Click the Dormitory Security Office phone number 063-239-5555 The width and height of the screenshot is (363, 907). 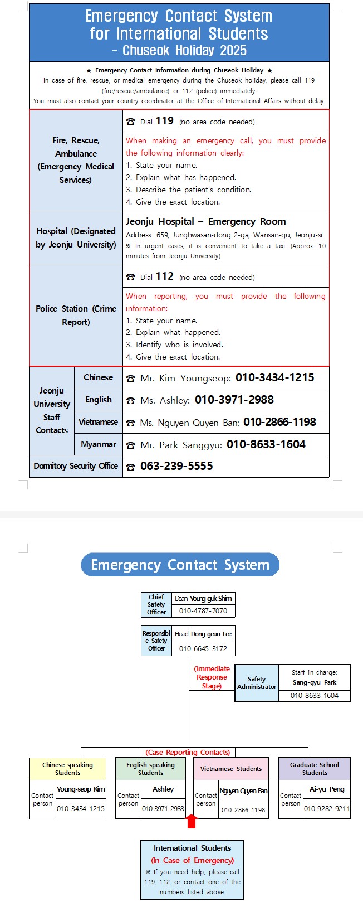176,466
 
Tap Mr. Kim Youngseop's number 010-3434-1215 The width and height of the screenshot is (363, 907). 274,377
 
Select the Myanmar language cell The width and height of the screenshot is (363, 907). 99,444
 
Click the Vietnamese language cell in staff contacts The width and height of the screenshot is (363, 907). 99,422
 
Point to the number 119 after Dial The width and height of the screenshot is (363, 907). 164,121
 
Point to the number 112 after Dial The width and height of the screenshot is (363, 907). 164,277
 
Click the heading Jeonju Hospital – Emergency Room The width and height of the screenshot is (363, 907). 205,221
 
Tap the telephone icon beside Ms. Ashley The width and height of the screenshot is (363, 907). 130,400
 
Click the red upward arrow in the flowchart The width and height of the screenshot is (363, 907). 191,821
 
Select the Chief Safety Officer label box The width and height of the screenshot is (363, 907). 156,604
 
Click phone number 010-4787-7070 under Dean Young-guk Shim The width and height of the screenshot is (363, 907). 203,611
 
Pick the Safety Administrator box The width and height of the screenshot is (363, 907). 257,683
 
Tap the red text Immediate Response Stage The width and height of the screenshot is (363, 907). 212,677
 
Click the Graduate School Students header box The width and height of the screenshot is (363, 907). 315,769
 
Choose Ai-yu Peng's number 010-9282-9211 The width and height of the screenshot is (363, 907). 327,809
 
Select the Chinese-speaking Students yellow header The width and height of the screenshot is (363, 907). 67,769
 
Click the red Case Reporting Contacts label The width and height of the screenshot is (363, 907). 188,752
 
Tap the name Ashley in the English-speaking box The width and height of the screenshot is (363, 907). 163,789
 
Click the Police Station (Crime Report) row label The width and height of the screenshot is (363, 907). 76,316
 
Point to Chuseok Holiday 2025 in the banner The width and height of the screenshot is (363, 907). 179,51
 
